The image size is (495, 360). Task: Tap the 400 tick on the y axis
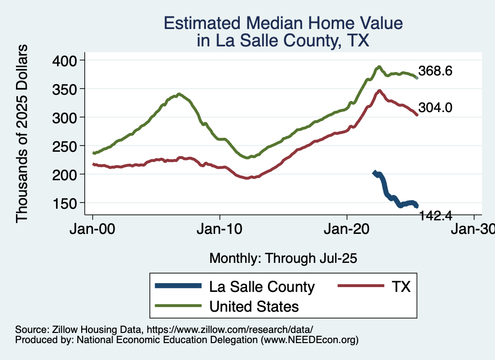click(67, 60)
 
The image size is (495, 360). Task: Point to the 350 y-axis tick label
click(67, 89)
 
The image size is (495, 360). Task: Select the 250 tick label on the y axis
click(67, 146)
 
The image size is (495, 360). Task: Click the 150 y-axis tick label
click(67, 203)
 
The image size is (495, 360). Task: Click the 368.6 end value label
click(435, 72)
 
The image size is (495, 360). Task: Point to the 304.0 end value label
click(435, 108)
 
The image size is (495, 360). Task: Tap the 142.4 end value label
click(435, 216)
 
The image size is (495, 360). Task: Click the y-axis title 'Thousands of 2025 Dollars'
click(22, 133)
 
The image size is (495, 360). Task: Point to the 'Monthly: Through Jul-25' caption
click(283, 259)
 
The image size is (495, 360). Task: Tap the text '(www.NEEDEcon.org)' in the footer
click(310, 340)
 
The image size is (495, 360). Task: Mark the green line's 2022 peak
click(379, 67)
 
